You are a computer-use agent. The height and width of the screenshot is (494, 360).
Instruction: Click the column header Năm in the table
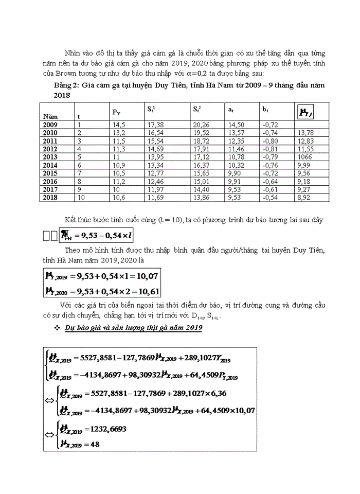[x=50, y=117]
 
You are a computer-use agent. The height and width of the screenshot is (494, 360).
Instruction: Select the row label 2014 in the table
[x=50, y=164]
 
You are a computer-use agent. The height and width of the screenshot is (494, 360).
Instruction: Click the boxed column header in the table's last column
[x=307, y=111]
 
